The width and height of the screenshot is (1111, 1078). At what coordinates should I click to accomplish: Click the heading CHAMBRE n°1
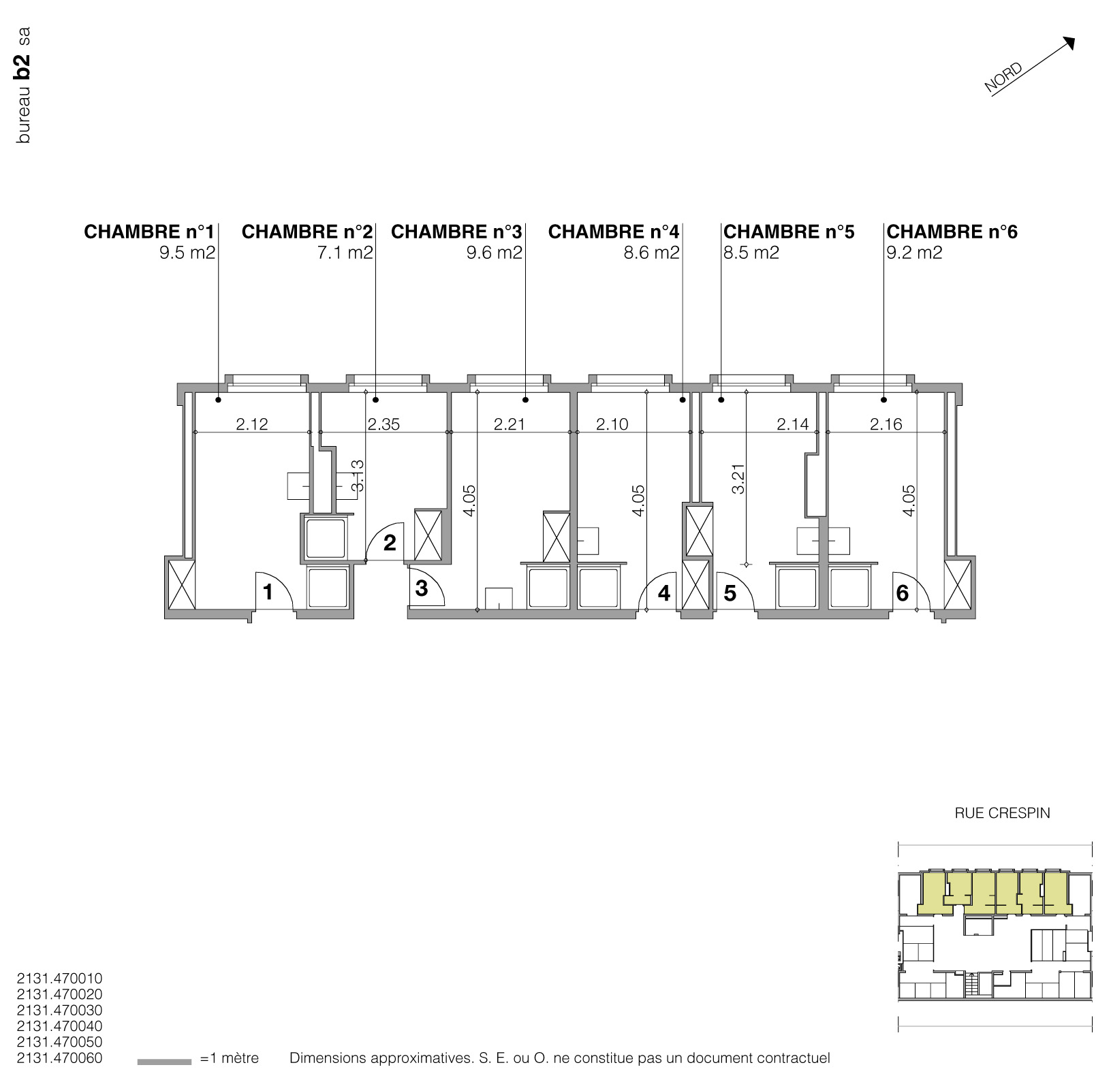click(x=149, y=232)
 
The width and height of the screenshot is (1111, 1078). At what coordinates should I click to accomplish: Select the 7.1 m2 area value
click(x=349, y=253)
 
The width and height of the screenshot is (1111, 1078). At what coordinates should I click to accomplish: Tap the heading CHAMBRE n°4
click(x=613, y=232)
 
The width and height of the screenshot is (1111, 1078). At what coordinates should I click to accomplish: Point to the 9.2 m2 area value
click(x=914, y=253)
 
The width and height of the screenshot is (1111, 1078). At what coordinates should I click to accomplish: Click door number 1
click(x=268, y=592)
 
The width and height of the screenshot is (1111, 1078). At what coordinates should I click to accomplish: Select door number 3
click(x=421, y=588)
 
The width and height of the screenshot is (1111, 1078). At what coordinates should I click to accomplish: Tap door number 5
click(x=730, y=593)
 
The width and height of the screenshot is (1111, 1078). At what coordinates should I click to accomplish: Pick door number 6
click(x=902, y=593)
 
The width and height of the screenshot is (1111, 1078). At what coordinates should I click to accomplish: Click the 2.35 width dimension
click(x=384, y=424)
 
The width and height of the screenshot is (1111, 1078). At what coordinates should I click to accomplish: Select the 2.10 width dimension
click(x=612, y=424)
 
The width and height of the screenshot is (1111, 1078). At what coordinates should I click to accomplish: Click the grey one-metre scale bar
click(x=164, y=1061)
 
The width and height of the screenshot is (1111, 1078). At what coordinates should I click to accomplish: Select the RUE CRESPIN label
click(x=1002, y=813)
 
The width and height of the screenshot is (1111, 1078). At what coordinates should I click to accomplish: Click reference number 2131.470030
click(x=59, y=1010)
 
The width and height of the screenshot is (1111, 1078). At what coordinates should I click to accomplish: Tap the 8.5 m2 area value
click(x=751, y=253)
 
